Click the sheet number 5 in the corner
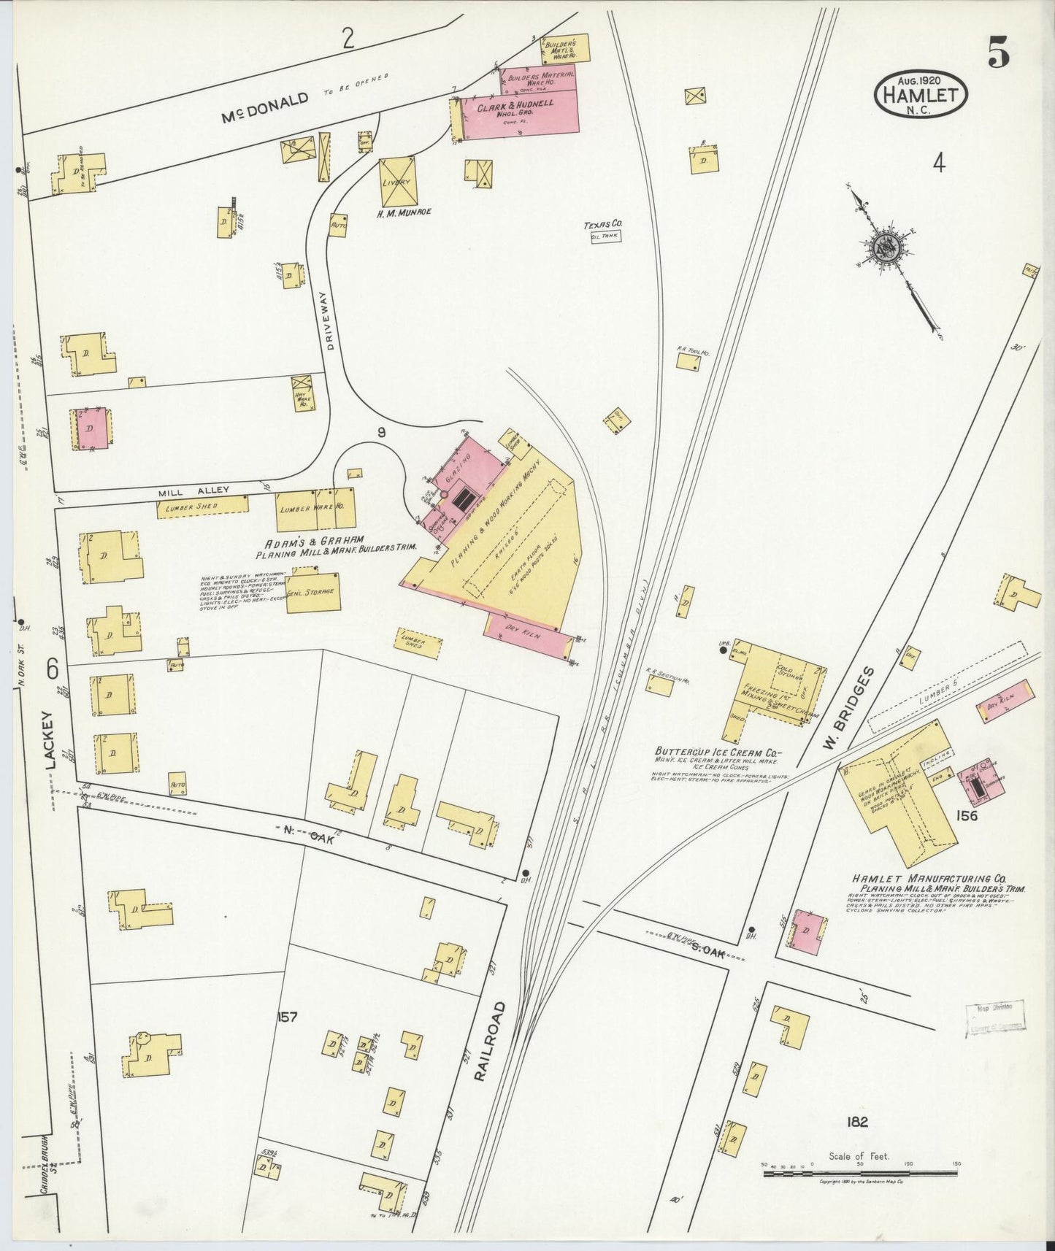[x=999, y=53]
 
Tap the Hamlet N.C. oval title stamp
[x=921, y=95]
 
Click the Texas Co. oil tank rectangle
[x=605, y=236]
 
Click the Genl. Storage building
[x=314, y=592]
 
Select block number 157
[x=287, y=1017]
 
